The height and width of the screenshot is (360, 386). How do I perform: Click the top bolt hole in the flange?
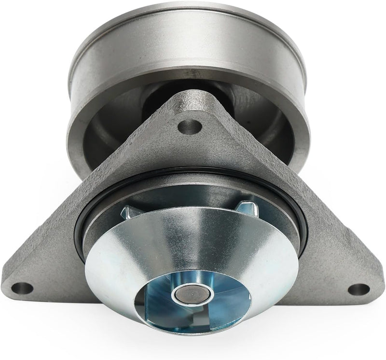tap(190, 127)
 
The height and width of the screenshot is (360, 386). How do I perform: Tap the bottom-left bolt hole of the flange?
tap(22, 289)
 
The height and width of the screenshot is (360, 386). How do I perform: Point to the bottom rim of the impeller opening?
tap(193, 328)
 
